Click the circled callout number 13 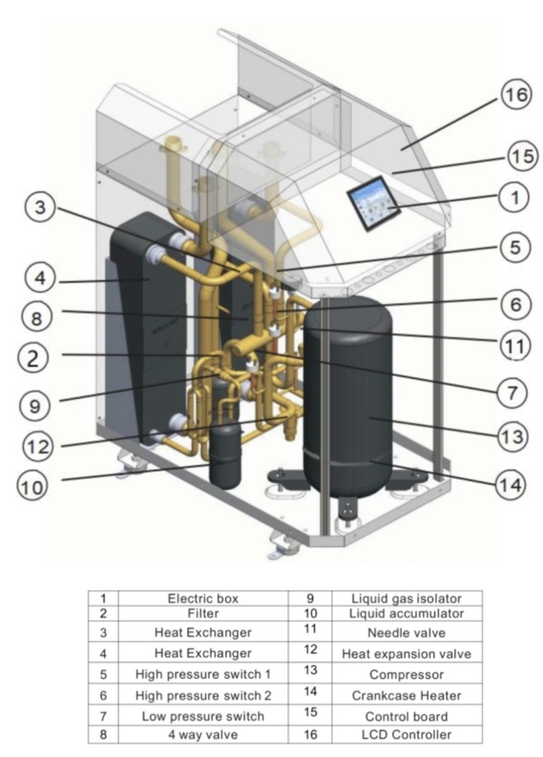click(514, 436)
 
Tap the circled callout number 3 click(40, 208)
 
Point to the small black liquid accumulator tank click(225, 454)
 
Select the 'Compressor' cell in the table click(406, 674)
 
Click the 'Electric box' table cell click(202, 599)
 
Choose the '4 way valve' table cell click(202, 734)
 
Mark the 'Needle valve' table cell click(406, 632)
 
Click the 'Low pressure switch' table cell click(202, 716)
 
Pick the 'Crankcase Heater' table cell click(406, 695)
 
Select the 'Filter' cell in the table click(202, 613)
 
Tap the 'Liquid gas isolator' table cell click(406, 599)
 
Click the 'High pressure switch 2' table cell click(202, 695)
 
